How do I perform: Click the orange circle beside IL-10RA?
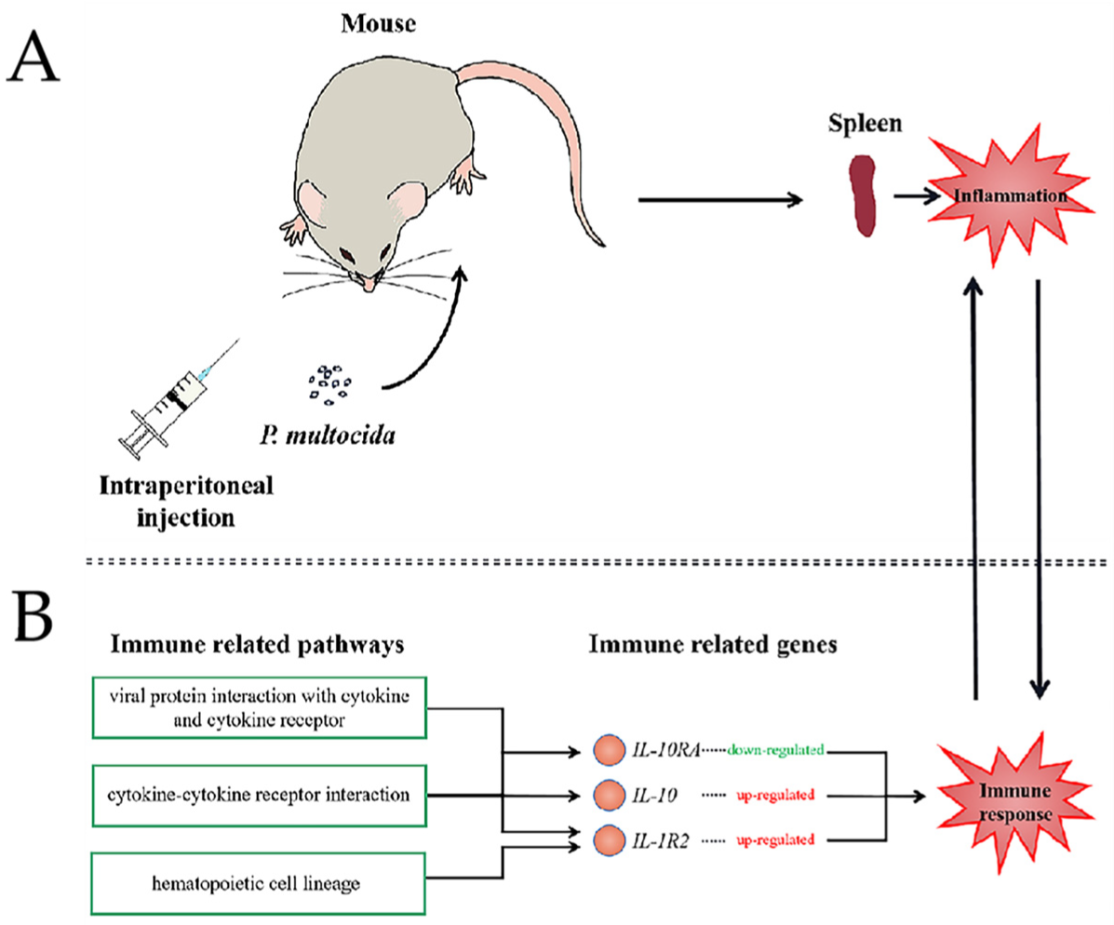point(608,749)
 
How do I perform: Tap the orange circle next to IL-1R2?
point(608,840)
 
